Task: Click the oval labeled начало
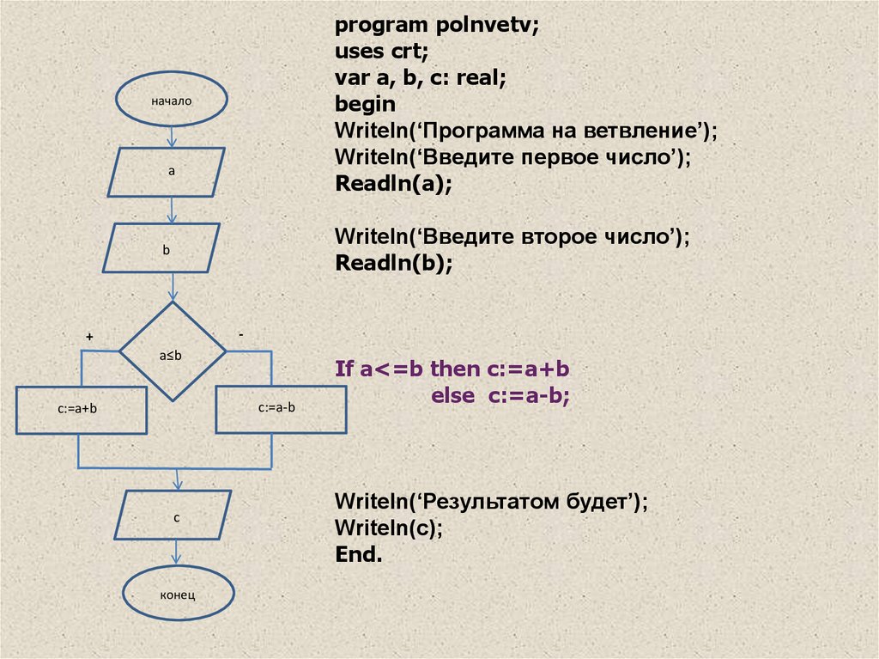pyautogui.click(x=173, y=101)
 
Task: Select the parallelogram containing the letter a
pyautogui.click(x=167, y=172)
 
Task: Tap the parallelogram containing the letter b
pyautogui.click(x=161, y=249)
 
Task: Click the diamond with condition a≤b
pyautogui.click(x=172, y=351)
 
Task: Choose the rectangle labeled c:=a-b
pyautogui.click(x=276, y=408)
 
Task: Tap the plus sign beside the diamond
pyautogui.click(x=88, y=338)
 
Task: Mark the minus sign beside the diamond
pyautogui.click(x=241, y=334)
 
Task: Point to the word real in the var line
pyautogui.click(x=480, y=79)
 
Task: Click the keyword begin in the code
pyautogui.click(x=366, y=105)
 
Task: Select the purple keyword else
pyautogui.click(x=453, y=395)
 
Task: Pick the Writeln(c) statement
pyautogui.click(x=389, y=528)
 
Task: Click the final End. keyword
pyautogui.click(x=359, y=554)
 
